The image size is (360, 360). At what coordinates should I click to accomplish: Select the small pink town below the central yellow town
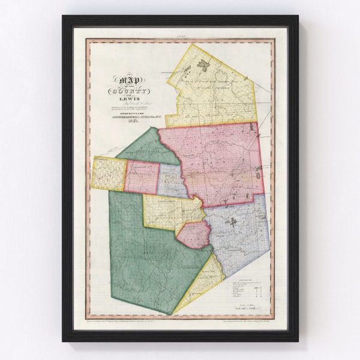pos(193,234)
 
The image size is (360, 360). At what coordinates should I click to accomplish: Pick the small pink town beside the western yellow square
pos(142,178)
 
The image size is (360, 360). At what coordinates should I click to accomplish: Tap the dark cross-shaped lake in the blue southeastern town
pos(232,222)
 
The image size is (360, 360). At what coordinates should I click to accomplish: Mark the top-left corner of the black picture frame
pos(62,16)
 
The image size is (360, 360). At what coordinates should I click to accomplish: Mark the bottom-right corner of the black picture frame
pos(298,341)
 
